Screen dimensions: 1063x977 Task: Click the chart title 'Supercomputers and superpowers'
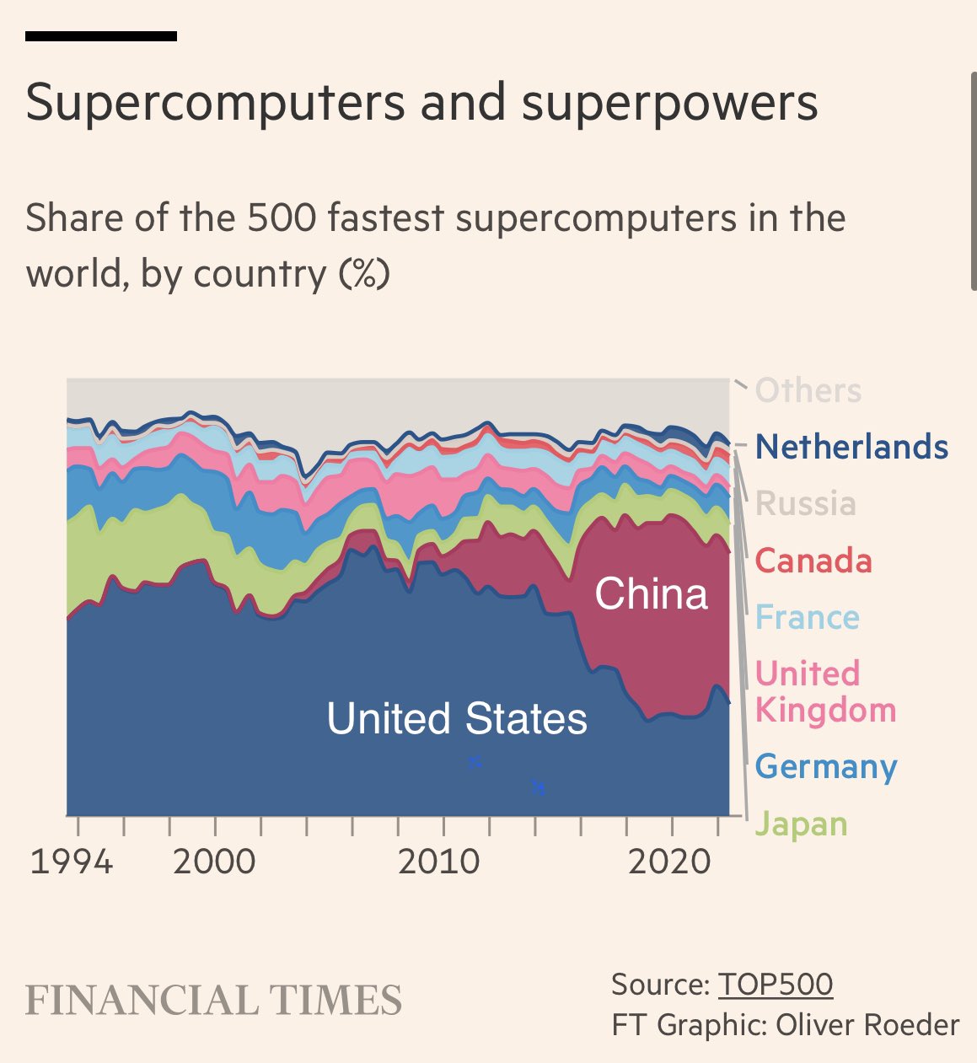coord(421,103)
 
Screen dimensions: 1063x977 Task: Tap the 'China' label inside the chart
coord(651,594)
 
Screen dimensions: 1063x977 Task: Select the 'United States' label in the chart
coord(456,719)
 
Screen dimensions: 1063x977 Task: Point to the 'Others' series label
coord(808,391)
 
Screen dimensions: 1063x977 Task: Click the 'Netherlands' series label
coord(851,447)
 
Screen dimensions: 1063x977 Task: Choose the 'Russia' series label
coord(806,504)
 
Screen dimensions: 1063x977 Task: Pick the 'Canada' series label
coord(813,561)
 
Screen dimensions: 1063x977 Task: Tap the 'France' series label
coord(807,617)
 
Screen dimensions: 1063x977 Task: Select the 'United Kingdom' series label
coord(824,691)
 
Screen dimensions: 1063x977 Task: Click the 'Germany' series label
coord(826,767)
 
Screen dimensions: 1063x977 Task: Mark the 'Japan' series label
coord(801,824)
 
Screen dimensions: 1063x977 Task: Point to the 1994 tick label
coord(72,862)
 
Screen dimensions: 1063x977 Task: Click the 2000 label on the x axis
coord(214,862)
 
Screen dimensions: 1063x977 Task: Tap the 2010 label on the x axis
coord(439,862)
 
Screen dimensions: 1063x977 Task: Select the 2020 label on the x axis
coord(670,862)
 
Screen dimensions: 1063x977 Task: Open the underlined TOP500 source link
coord(776,985)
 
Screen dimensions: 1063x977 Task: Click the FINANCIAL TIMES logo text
coord(213,1001)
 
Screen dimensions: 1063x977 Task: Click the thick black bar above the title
coord(101,36)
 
